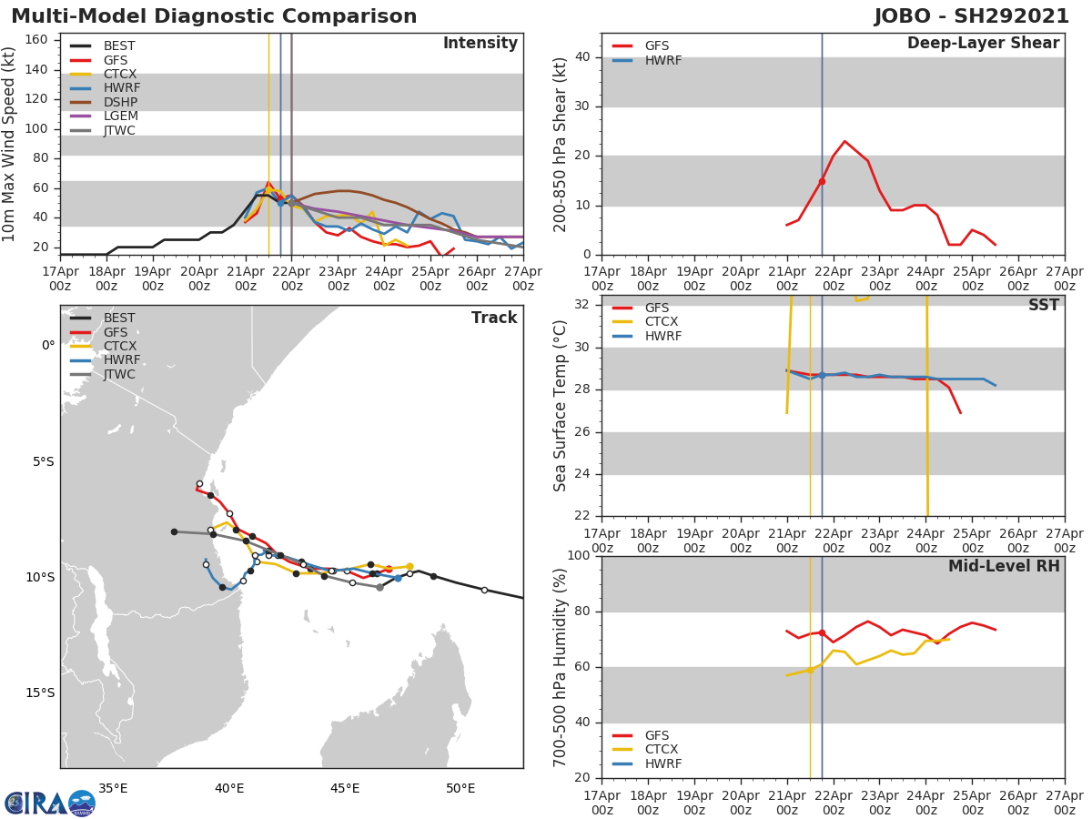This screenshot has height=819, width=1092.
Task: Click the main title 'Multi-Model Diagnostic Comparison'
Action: [x=214, y=16]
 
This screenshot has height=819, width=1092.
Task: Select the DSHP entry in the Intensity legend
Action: [x=119, y=102]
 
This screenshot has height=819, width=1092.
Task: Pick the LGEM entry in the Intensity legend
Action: [x=119, y=116]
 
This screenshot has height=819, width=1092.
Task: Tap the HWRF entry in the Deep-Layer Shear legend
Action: [x=662, y=60]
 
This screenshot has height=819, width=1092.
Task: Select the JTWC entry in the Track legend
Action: [x=119, y=374]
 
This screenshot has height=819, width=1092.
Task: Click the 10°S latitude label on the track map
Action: [x=40, y=577]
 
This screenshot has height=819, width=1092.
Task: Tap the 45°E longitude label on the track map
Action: [x=345, y=788]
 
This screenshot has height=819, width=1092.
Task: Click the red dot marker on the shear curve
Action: [x=822, y=181]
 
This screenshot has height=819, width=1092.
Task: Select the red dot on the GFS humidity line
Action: [x=822, y=632]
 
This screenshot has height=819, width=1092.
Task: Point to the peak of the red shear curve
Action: [x=844, y=141]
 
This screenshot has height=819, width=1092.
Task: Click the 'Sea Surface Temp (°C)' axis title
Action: [x=561, y=407]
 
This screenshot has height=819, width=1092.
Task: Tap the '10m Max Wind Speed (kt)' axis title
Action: [x=10, y=144]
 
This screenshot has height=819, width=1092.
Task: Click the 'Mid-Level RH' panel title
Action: [x=1003, y=566]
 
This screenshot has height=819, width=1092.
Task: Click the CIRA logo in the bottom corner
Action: [x=49, y=803]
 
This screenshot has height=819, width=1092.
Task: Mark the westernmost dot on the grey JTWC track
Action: [x=174, y=531]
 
